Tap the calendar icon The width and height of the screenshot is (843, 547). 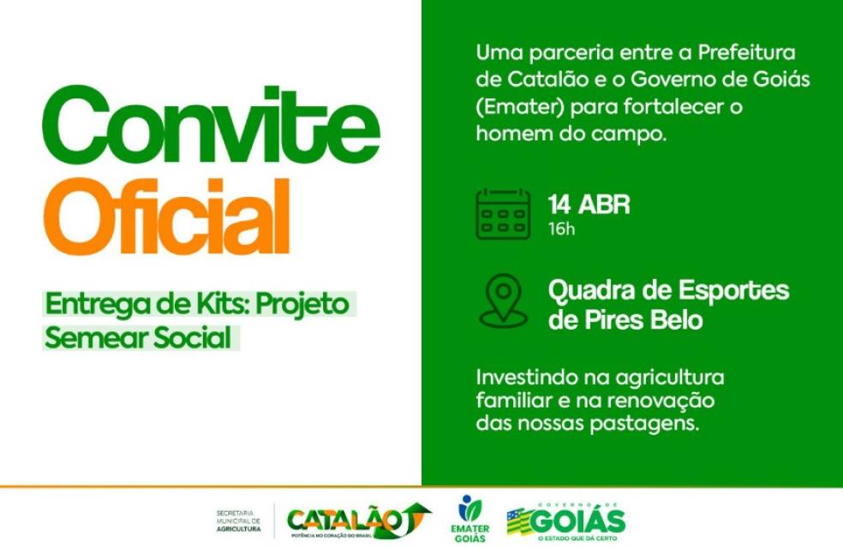coord(503,214)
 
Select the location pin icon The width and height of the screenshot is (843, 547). coord(503,301)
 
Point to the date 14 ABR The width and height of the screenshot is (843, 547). coord(589,205)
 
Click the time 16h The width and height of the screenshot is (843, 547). coord(562,229)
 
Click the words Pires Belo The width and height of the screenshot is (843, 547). coord(637,321)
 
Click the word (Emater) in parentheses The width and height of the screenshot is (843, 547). coord(524,109)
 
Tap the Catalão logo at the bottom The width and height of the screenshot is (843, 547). coord(358,519)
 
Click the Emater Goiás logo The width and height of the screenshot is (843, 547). coord(469,519)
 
